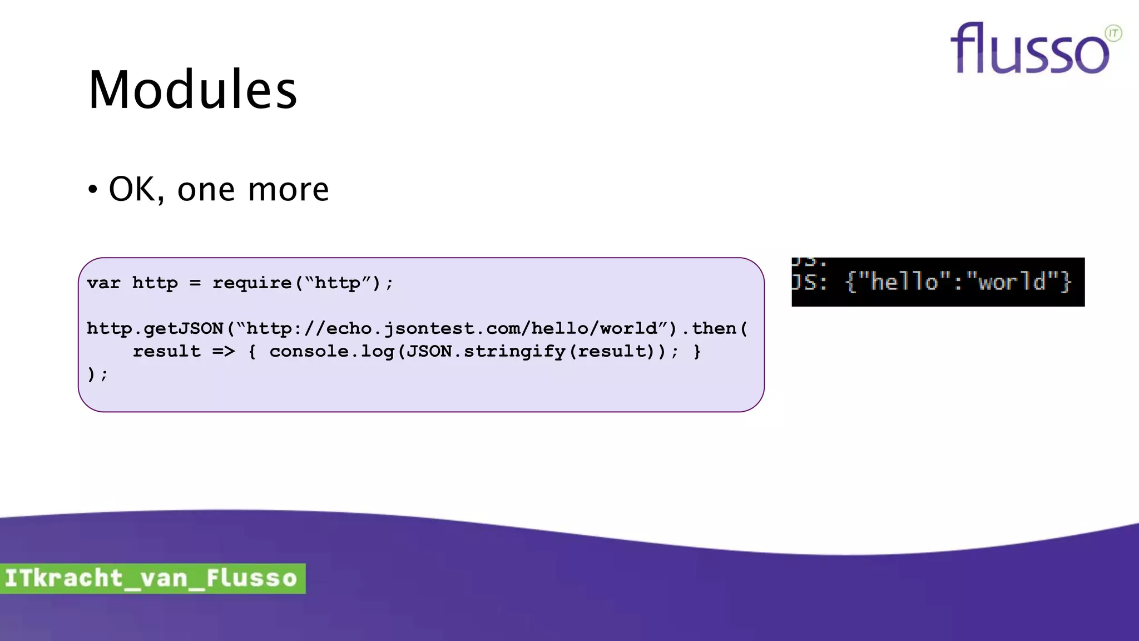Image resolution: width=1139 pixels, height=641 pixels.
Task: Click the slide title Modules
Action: click(x=192, y=90)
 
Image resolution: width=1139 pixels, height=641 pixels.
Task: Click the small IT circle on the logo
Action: click(x=1113, y=33)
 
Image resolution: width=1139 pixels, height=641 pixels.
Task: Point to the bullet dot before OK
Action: click(x=93, y=190)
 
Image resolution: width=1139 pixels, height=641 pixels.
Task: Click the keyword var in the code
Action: click(x=103, y=283)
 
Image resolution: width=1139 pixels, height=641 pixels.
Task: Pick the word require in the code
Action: click(x=252, y=283)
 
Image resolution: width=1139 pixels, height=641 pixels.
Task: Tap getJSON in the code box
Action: click(x=184, y=328)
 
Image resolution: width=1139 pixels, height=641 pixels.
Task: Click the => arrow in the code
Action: click(x=224, y=352)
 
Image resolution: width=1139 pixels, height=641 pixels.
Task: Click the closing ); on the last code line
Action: click(x=97, y=374)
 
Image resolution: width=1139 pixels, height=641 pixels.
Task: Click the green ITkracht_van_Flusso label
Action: click(x=152, y=578)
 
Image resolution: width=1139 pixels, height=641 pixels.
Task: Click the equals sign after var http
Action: click(x=195, y=283)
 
